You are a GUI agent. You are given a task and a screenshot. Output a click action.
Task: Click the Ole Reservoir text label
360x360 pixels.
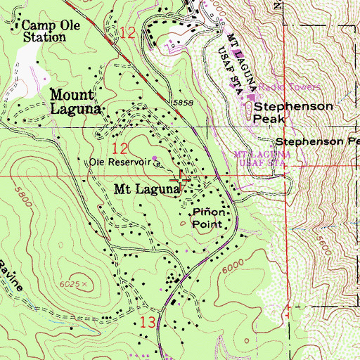[120, 162]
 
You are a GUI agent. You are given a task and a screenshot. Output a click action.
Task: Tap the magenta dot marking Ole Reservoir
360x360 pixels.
[155, 157]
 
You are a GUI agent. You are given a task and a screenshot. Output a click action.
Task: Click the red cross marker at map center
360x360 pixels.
[181, 180]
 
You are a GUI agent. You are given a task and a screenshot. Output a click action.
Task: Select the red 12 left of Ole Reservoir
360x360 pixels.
[120, 148]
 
